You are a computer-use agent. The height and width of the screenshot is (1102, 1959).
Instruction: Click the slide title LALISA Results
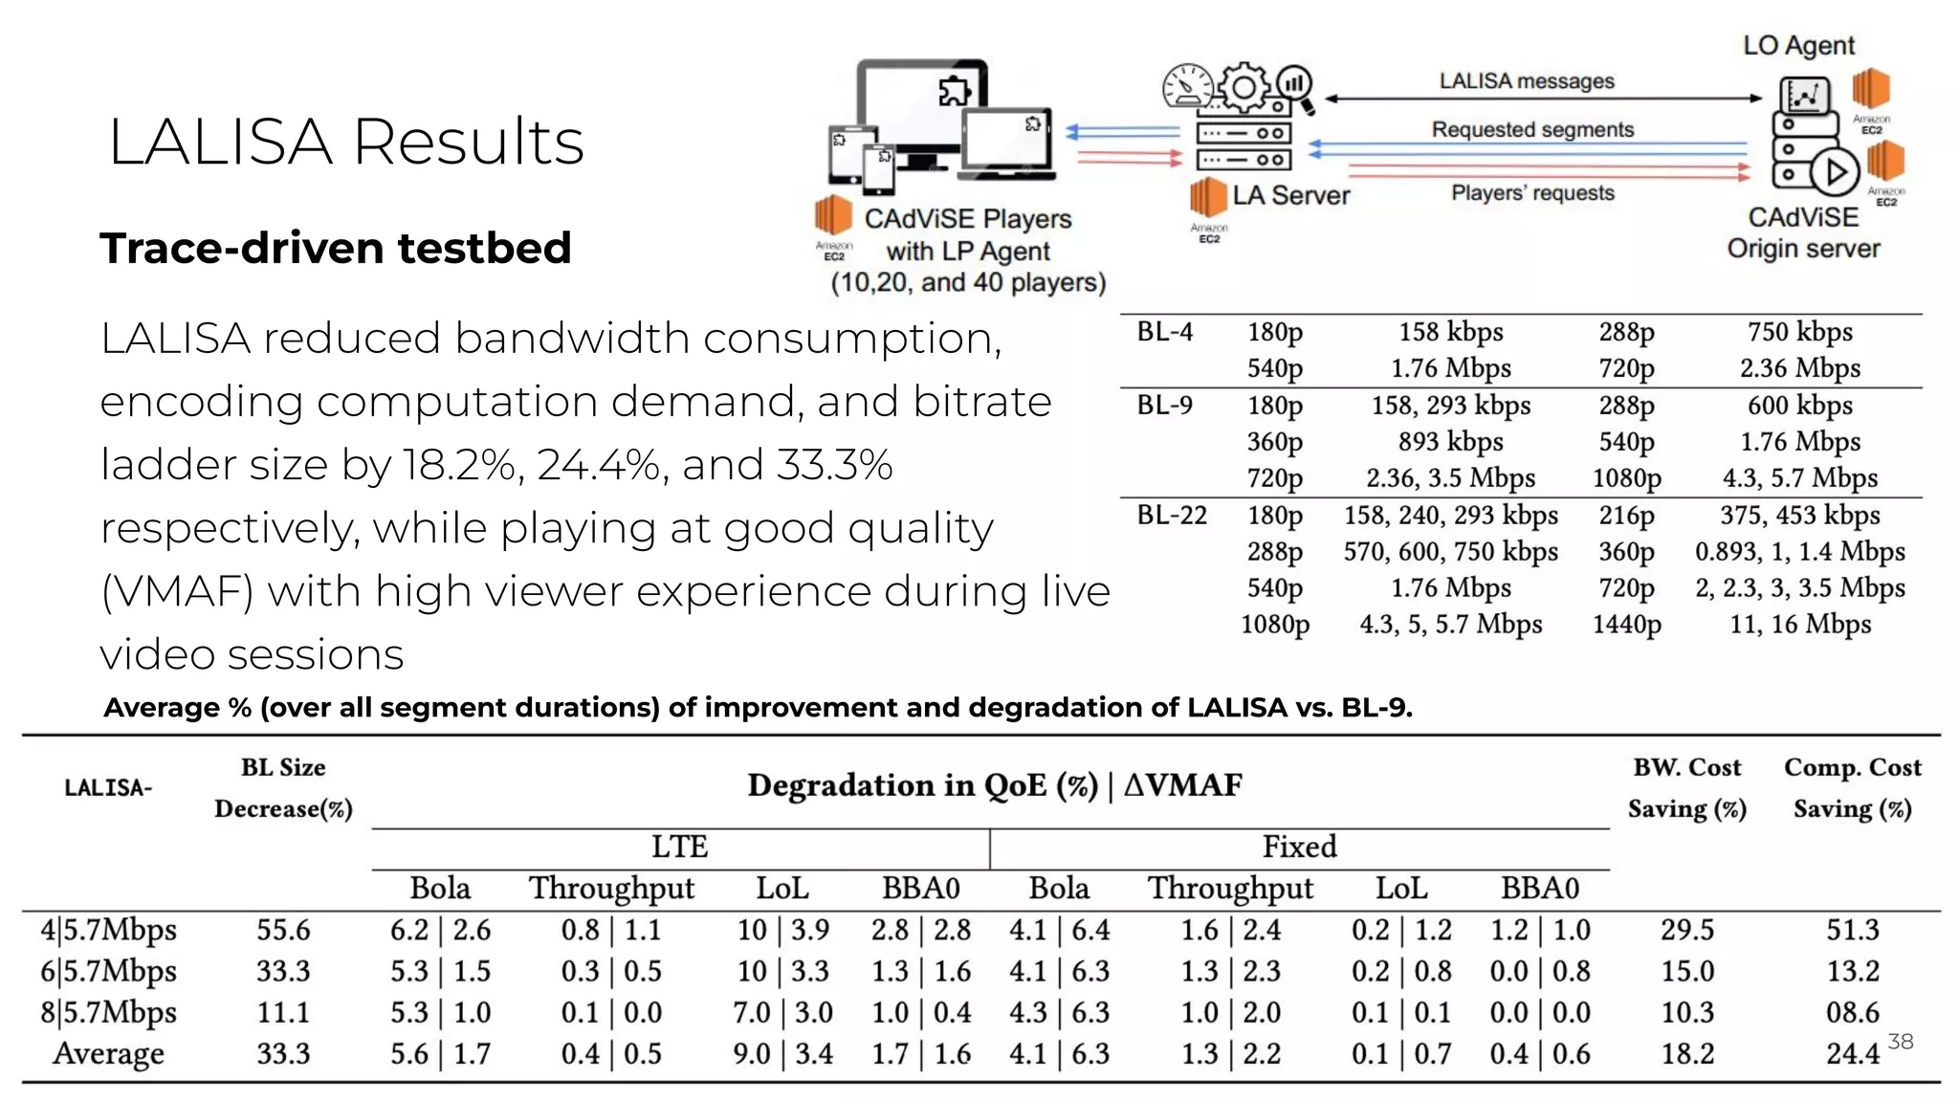pyautogui.click(x=345, y=142)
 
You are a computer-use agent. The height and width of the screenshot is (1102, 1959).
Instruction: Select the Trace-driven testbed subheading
pyautogui.click(x=336, y=248)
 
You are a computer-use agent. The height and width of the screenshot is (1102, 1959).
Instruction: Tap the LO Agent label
pyautogui.click(x=1798, y=45)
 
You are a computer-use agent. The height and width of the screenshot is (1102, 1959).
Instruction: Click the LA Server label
pyautogui.click(x=1290, y=195)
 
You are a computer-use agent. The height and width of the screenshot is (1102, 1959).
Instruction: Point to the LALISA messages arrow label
pyautogui.click(x=1527, y=81)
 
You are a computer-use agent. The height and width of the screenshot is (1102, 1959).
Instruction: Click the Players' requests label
pyautogui.click(x=1532, y=192)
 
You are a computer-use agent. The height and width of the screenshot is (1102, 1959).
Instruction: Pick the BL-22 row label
pyautogui.click(x=1172, y=516)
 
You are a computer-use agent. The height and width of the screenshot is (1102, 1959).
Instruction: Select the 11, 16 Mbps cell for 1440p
pyautogui.click(x=1799, y=625)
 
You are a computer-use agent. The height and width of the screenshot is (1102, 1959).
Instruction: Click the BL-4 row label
pyautogui.click(x=1164, y=332)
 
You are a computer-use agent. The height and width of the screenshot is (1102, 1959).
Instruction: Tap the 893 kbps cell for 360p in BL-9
pyautogui.click(x=1450, y=441)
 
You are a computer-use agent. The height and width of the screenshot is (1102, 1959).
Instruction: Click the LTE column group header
pyautogui.click(x=679, y=847)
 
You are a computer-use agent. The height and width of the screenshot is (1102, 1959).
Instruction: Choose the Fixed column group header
pyautogui.click(x=1299, y=847)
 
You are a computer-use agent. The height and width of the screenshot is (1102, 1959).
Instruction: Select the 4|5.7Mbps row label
pyautogui.click(x=108, y=930)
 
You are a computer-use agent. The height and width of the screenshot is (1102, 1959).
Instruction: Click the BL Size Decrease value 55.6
pyautogui.click(x=283, y=930)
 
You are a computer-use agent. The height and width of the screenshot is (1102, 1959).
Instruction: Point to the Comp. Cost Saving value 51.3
pyautogui.click(x=1852, y=930)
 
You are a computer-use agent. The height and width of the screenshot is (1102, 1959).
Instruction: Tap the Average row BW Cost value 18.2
pyautogui.click(x=1686, y=1053)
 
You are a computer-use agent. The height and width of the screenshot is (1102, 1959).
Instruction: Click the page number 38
pyautogui.click(x=1900, y=1042)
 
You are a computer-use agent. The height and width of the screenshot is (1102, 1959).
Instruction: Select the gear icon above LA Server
pyautogui.click(x=1244, y=88)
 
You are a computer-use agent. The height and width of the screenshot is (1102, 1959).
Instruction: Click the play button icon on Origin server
pyautogui.click(x=1835, y=173)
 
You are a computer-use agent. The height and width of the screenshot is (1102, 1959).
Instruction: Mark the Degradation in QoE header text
pyautogui.click(x=994, y=785)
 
